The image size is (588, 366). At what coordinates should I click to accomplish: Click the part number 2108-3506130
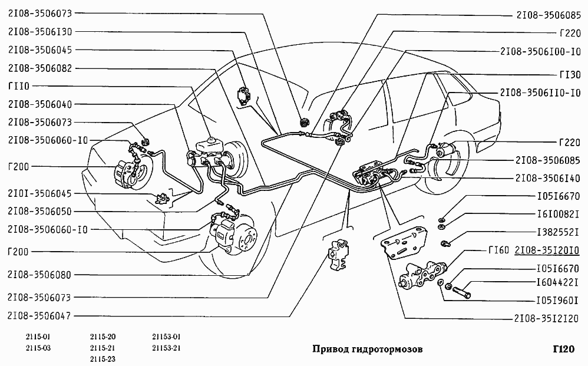[x=40, y=31]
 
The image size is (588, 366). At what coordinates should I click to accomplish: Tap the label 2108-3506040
[x=40, y=104]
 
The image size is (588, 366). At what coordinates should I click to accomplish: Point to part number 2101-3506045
[x=40, y=193]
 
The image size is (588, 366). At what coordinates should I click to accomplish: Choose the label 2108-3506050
[x=40, y=210]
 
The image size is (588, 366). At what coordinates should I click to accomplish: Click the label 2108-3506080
[x=40, y=274]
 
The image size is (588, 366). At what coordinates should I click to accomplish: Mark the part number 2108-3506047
[x=40, y=315]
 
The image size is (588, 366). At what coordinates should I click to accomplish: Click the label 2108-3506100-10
[x=540, y=51]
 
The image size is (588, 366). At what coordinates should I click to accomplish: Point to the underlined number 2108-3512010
[x=547, y=250]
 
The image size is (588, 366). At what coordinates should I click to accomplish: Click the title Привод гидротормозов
[x=366, y=349]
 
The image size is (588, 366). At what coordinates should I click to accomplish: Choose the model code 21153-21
[x=166, y=348]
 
